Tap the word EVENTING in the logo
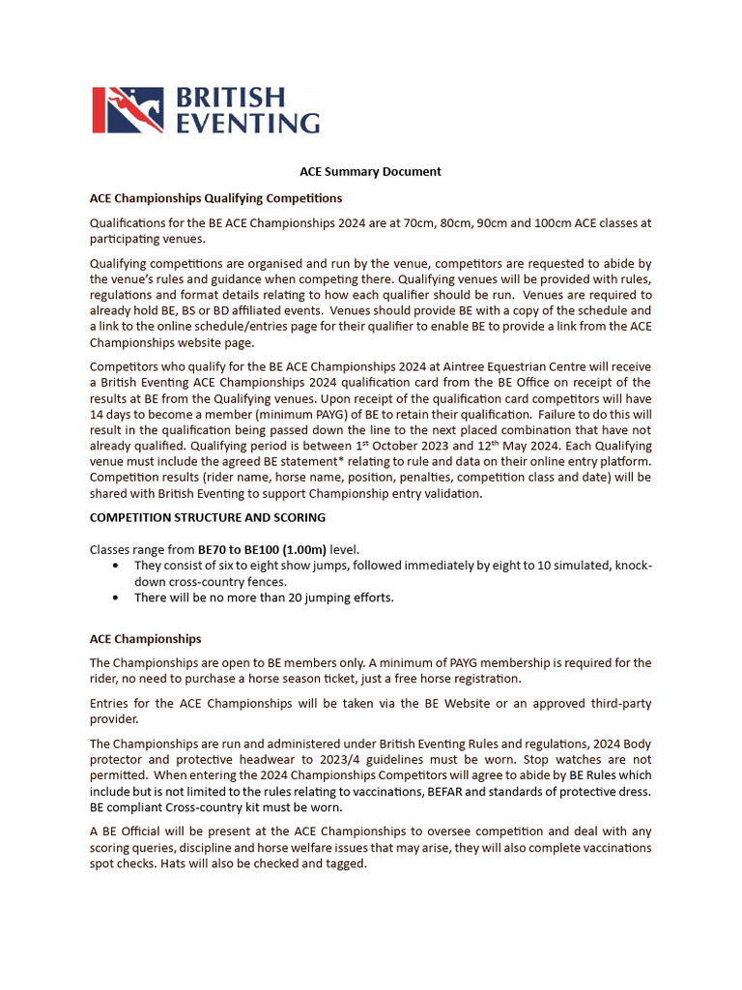247,122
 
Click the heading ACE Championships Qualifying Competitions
215,198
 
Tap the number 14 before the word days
97,416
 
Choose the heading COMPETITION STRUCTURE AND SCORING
208,518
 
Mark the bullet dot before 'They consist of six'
117,565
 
